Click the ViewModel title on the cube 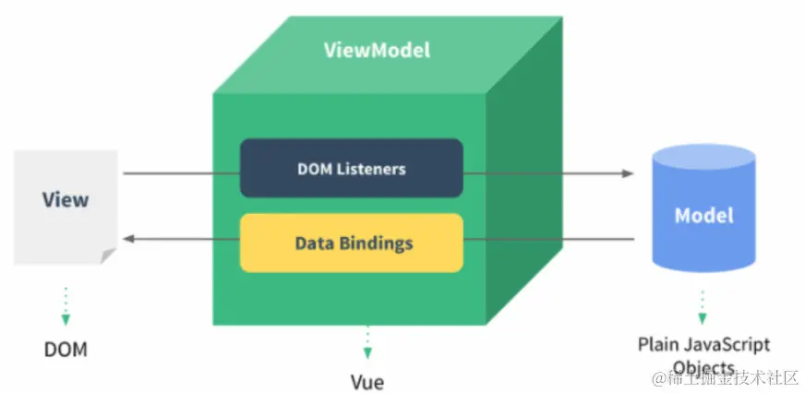click(x=377, y=50)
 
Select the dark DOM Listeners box click(x=351, y=169)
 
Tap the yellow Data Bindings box click(x=351, y=244)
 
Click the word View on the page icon click(x=66, y=199)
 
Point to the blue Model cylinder click(x=703, y=214)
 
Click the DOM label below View click(x=66, y=350)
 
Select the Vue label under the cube click(x=367, y=380)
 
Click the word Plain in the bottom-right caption click(x=659, y=345)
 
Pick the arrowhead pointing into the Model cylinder click(x=628, y=173)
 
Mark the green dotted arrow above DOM click(x=66, y=306)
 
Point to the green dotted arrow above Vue click(x=367, y=341)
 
